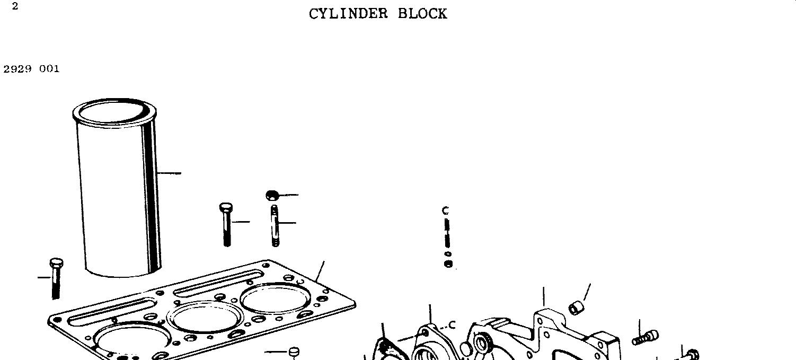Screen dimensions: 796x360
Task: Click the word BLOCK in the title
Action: point(422,14)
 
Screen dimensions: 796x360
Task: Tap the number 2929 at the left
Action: point(17,69)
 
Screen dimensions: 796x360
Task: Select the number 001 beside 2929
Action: point(49,69)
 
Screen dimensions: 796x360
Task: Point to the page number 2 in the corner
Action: point(15,6)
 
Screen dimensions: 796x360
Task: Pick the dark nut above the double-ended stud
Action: point(272,195)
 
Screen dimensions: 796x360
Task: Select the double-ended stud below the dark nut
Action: point(275,225)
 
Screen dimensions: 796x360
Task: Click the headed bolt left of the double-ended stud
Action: point(226,223)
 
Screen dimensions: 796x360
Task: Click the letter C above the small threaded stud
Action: point(445,211)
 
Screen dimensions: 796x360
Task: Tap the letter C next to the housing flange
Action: point(452,325)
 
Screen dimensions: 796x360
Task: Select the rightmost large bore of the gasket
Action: point(275,298)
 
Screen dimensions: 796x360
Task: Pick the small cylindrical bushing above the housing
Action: point(576,308)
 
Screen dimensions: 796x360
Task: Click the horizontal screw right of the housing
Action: point(645,337)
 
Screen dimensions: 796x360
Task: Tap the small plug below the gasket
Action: point(294,352)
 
